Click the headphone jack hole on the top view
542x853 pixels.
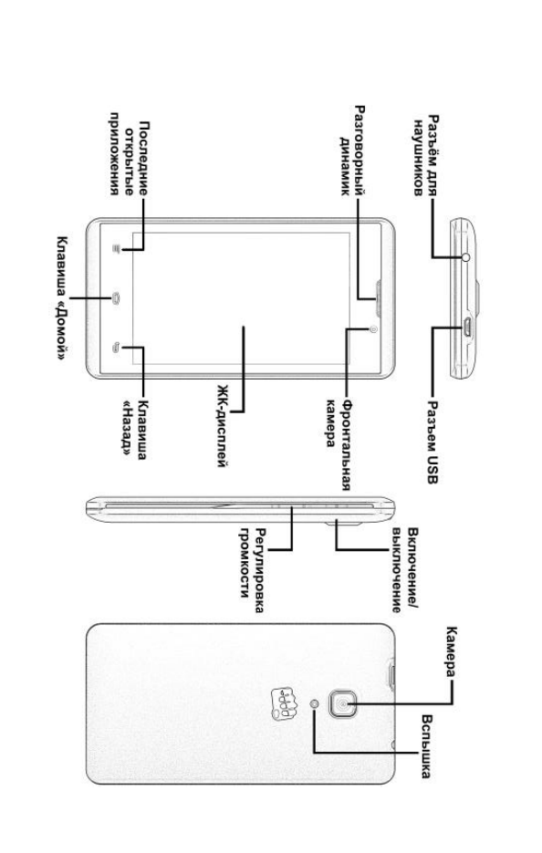[465, 256]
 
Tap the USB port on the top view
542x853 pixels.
[467, 328]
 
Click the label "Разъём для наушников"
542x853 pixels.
[425, 156]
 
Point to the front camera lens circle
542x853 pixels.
[372, 328]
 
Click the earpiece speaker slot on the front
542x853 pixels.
[377, 298]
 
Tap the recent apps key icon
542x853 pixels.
[116, 249]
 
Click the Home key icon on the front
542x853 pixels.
[116, 297]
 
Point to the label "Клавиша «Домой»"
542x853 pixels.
[63, 298]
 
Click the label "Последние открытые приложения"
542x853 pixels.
[129, 154]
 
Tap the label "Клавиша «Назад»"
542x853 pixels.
[134, 430]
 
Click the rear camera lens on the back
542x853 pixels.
[342, 703]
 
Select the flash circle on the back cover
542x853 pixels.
[315, 704]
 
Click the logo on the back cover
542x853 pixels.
[284, 702]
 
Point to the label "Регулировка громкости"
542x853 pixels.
[253, 570]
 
